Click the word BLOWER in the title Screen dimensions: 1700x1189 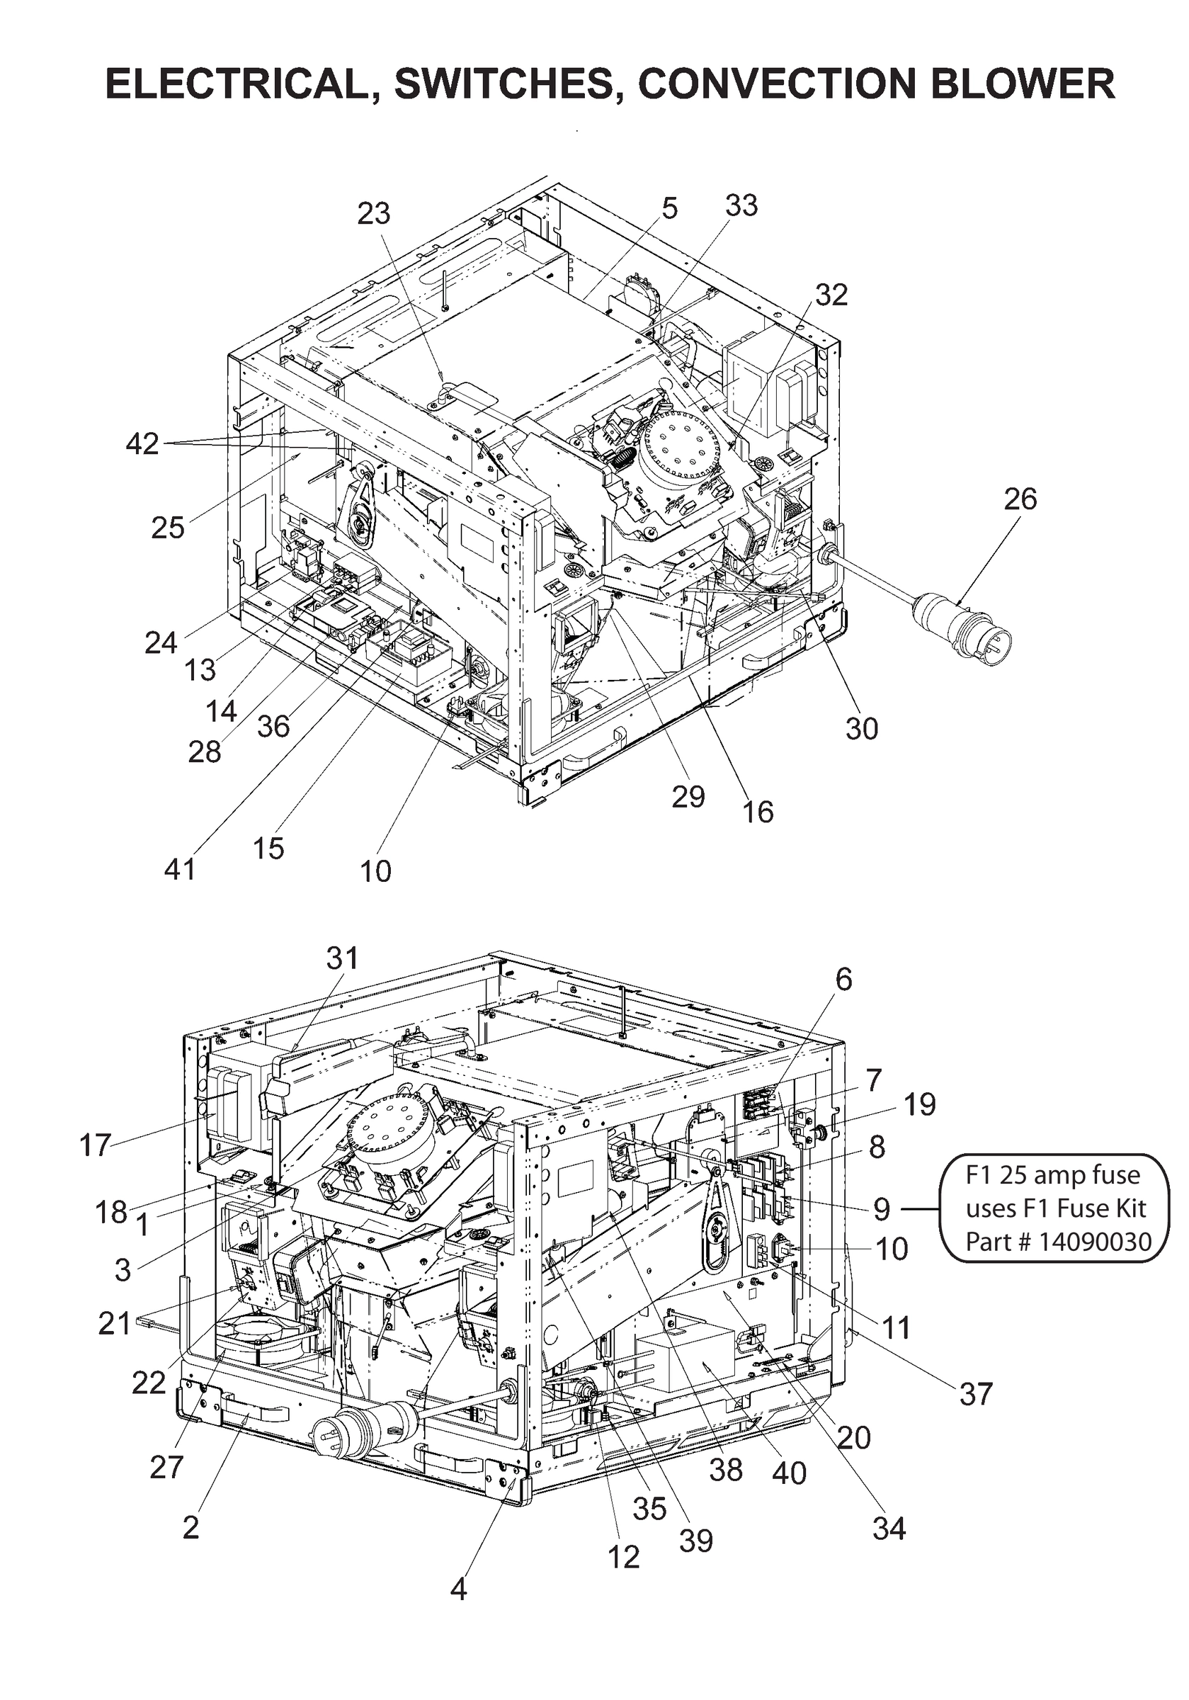tap(1023, 84)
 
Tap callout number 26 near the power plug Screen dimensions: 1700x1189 tap(1020, 500)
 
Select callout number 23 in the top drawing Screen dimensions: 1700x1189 tap(373, 214)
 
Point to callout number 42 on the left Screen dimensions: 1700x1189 tap(142, 444)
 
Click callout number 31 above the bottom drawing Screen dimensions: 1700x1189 tap(341, 958)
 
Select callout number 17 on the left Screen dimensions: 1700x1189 tap(95, 1145)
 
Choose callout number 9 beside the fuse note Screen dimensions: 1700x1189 tap(881, 1209)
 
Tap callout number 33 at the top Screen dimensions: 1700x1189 tap(741, 206)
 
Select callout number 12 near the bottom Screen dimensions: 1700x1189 tap(623, 1557)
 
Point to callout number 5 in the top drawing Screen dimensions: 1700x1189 tap(669, 209)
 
